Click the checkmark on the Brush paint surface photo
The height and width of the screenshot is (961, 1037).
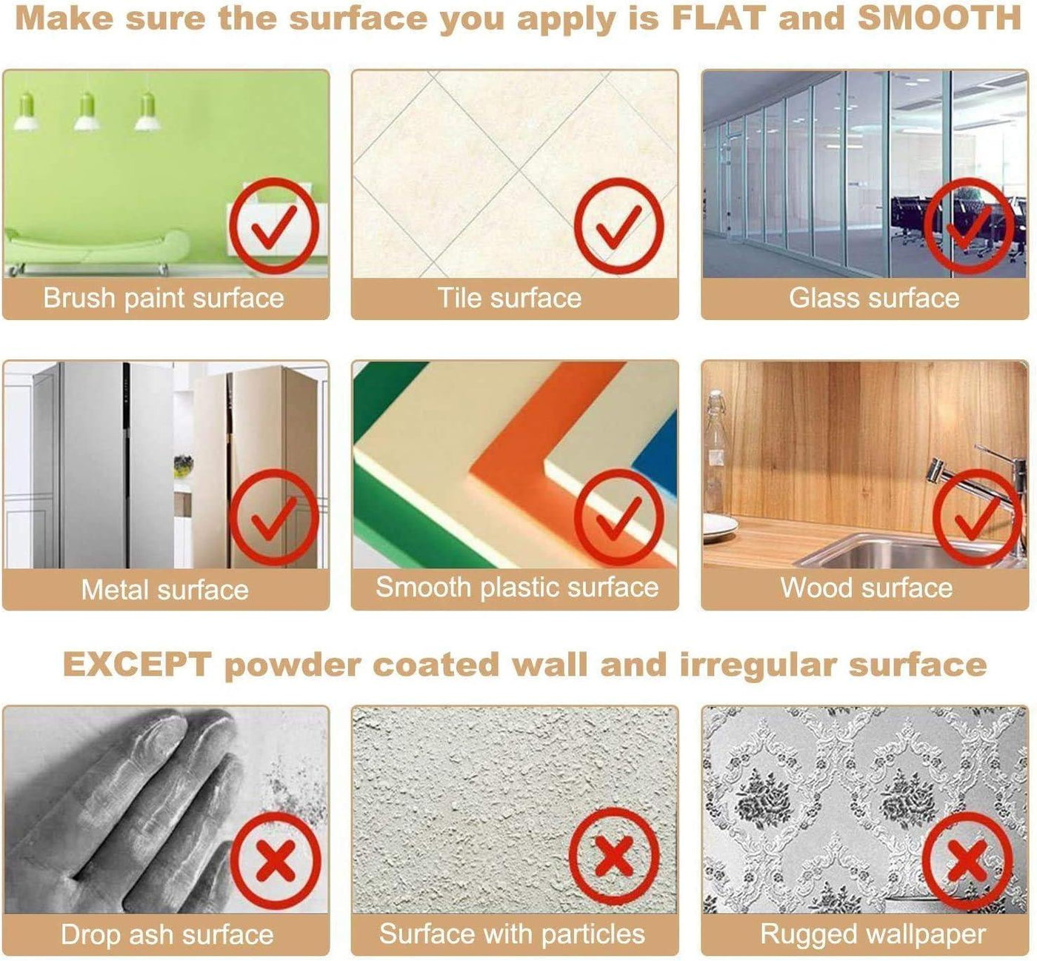tap(273, 226)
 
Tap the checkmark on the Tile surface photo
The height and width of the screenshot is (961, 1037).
tap(619, 226)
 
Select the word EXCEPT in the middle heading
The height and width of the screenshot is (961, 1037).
tap(137, 665)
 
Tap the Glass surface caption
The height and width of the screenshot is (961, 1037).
tap(874, 298)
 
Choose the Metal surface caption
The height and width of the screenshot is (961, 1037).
tap(164, 590)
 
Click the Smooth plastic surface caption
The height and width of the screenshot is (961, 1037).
tap(517, 588)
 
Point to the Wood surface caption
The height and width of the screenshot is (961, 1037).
tap(866, 588)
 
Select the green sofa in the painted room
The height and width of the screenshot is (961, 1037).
tap(96, 248)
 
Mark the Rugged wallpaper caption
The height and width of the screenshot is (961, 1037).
tap(873, 934)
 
